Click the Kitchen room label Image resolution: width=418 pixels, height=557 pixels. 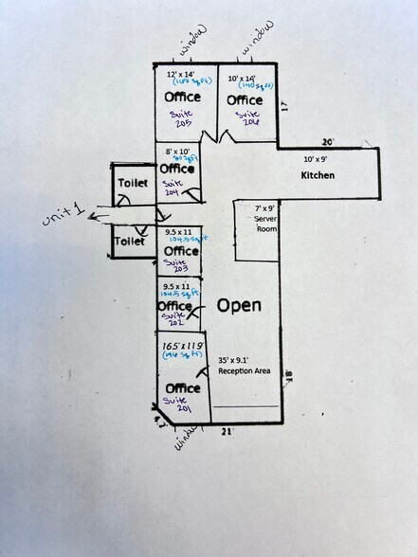(x=320, y=176)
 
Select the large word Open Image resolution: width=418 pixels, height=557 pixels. (x=239, y=306)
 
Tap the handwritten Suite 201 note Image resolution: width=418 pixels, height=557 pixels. (x=178, y=405)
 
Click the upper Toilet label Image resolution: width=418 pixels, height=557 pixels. (x=132, y=182)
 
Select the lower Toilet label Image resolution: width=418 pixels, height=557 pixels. (x=129, y=243)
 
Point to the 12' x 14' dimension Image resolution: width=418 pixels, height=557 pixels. (x=180, y=74)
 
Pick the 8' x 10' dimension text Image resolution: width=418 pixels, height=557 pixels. (x=178, y=152)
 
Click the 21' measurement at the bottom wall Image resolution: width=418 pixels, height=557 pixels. (x=227, y=432)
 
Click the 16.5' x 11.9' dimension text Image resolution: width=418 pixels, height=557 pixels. (x=182, y=348)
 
